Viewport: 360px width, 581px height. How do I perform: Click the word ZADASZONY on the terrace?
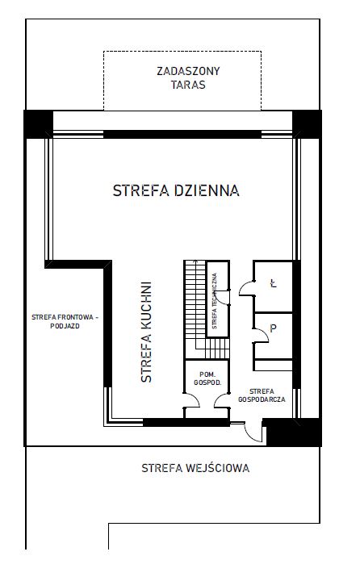(x=188, y=71)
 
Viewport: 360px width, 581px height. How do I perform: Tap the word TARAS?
(x=188, y=85)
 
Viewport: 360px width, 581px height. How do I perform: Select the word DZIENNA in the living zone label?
(x=207, y=190)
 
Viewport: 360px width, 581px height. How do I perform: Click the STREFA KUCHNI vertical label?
(x=146, y=332)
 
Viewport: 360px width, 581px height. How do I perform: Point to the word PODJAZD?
(x=65, y=326)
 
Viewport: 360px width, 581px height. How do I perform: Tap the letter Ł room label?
(x=274, y=283)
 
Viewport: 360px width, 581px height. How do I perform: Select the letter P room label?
(x=274, y=328)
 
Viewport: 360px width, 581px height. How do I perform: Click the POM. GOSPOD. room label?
(x=207, y=378)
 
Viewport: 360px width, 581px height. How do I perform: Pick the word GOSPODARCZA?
(x=262, y=399)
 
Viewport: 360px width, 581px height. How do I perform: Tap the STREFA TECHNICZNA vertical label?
(x=214, y=301)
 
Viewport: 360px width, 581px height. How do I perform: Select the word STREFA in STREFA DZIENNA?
(x=141, y=190)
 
